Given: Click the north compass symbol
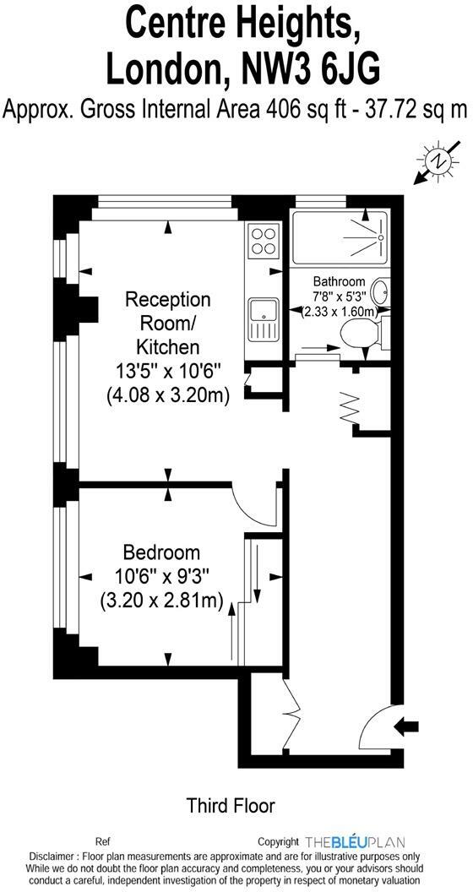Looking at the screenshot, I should pos(438,160).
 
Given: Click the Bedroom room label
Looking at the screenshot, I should pos(161,552).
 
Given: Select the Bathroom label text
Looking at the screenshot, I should pos(339,281).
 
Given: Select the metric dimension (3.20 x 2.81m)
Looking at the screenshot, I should pos(161,601).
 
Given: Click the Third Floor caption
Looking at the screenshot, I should pos(231,806).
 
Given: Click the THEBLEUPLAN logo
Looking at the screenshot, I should pos(355,841).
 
